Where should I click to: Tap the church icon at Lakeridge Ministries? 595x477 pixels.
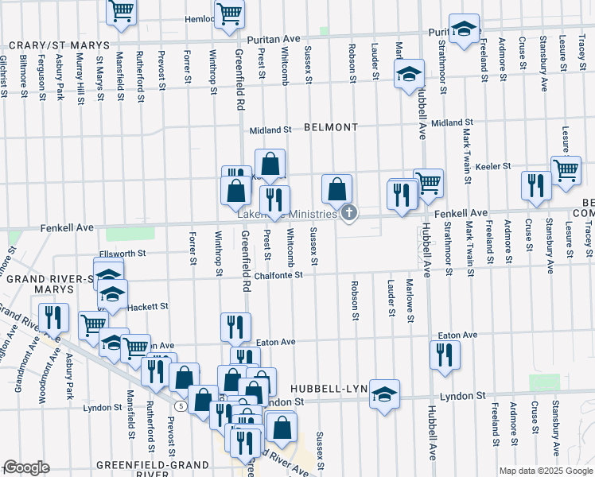click(348, 213)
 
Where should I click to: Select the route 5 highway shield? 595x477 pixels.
click(181, 405)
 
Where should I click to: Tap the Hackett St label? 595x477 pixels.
click(149, 306)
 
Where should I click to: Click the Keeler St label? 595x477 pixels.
click(492, 166)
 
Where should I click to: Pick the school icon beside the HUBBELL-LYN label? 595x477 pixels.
click(384, 394)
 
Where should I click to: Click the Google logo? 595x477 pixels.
click(26, 467)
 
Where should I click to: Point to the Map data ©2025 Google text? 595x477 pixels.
click(546, 471)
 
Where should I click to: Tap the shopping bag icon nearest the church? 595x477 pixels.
click(336, 189)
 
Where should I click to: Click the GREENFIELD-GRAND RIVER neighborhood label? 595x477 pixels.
click(142, 468)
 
